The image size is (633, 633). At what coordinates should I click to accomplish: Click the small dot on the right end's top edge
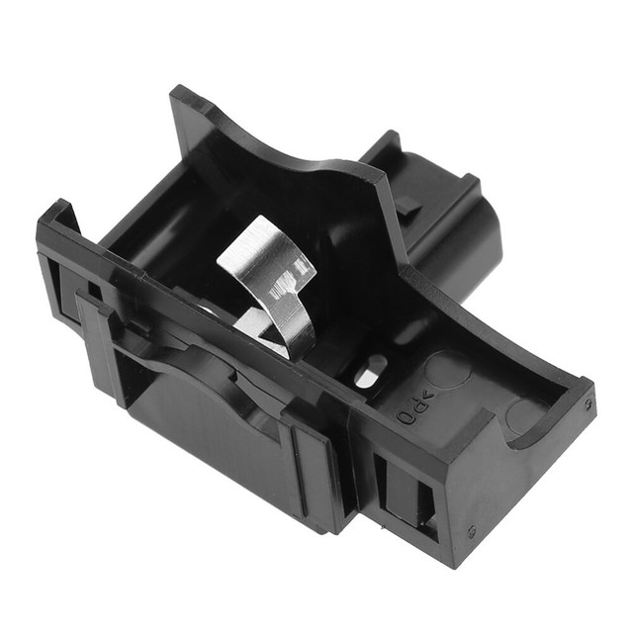point(589,404)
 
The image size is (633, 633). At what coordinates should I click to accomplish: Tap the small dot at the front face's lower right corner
point(472,529)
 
